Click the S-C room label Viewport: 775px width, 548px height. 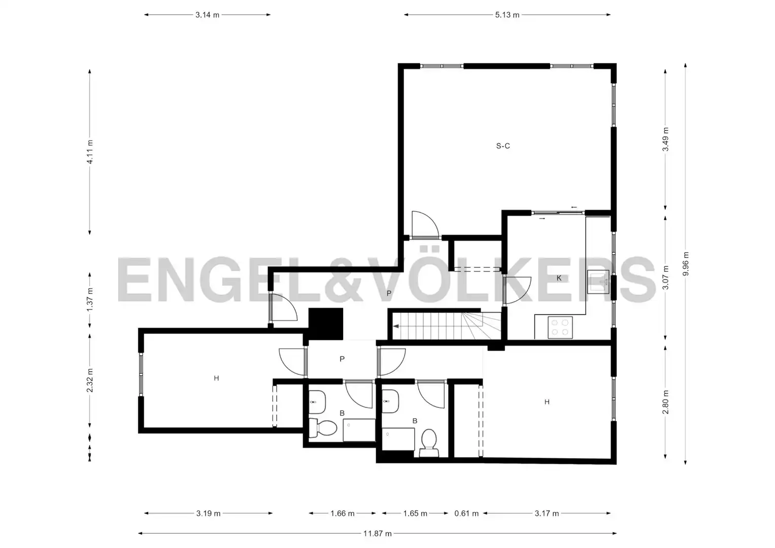click(x=503, y=146)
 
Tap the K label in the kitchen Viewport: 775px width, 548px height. click(x=559, y=278)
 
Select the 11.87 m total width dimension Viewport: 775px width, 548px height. click(x=377, y=533)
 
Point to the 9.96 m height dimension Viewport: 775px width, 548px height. click(x=686, y=264)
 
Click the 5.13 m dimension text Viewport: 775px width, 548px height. click(x=507, y=15)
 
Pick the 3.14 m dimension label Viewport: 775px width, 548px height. click(x=207, y=15)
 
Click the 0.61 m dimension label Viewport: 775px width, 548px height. click(x=466, y=513)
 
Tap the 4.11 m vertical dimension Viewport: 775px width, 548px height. click(x=90, y=152)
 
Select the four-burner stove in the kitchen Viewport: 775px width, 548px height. click(x=560, y=327)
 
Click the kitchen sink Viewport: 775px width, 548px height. click(x=598, y=282)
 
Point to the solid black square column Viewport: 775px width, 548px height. click(x=325, y=324)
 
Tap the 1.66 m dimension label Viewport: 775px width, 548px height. click(x=342, y=513)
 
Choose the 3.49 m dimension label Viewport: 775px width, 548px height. click(x=666, y=139)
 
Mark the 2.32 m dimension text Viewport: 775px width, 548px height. click(x=90, y=380)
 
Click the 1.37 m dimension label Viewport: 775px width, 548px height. click(x=90, y=299)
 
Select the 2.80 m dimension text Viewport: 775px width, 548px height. click(x=666, y=402)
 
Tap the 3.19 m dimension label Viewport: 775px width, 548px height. click(x=208, y=513)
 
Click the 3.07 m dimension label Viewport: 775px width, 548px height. click(x=666, y=278)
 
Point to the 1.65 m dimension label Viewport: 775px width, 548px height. click(x=415, y=513)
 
